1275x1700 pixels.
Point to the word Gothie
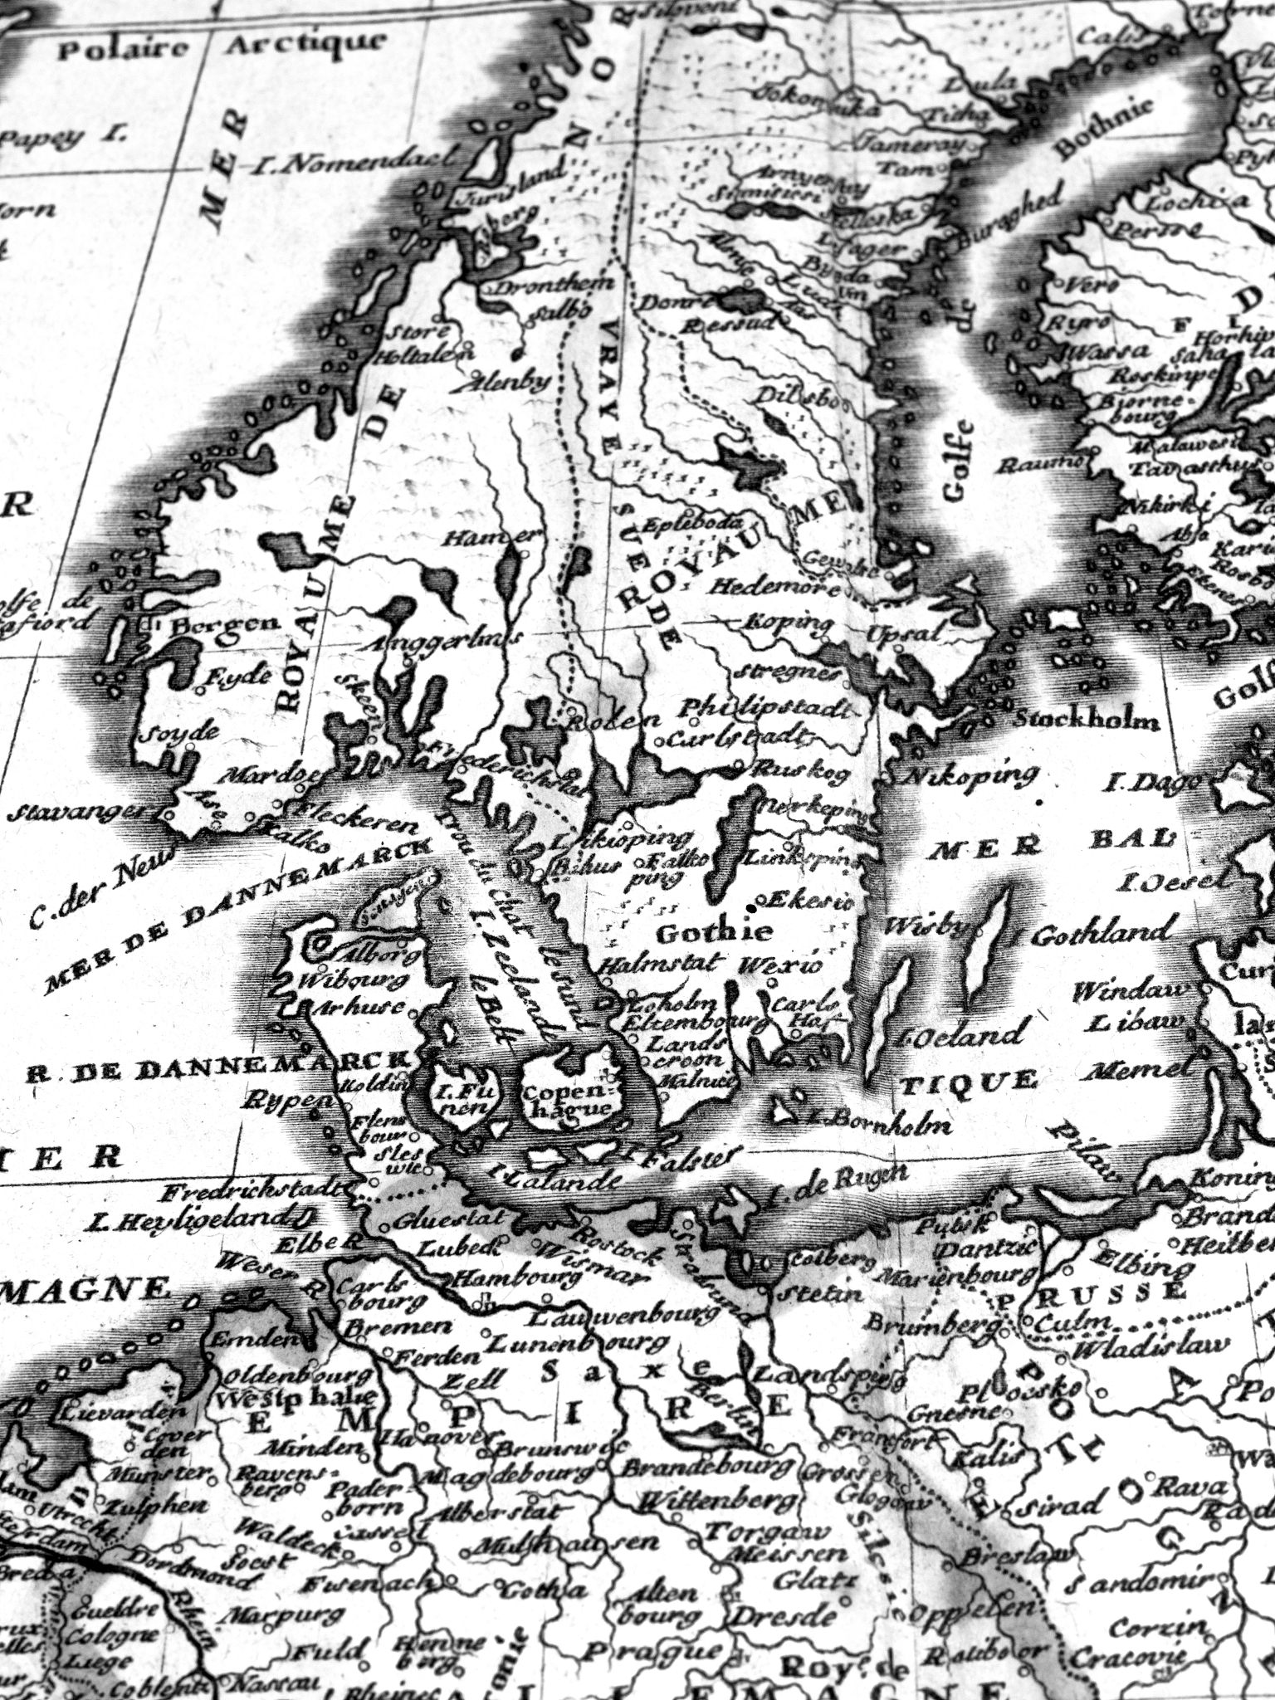click(714, 932)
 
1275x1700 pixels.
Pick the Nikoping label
click(968, 777)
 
